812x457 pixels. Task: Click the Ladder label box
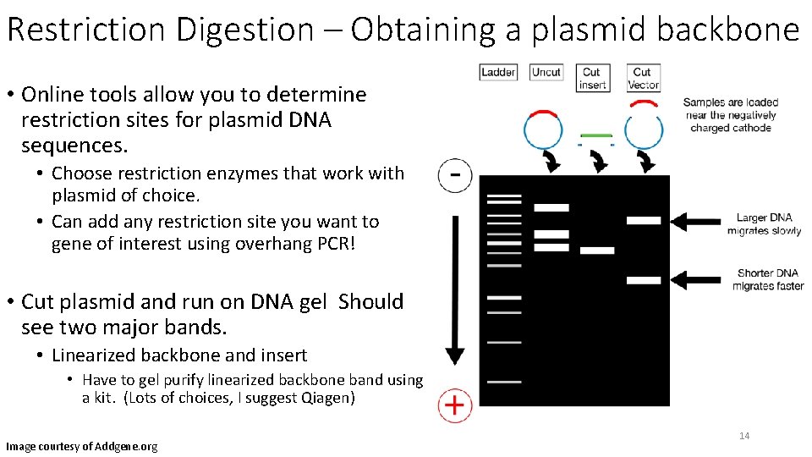pos(498,73)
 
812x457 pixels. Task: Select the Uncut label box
pos(546,73)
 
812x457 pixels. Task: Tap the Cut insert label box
pos(592,78)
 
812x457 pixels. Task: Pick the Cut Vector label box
pos(643,78)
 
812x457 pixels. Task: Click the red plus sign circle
pos(454,405)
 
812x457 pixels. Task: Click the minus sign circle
pos(455,176)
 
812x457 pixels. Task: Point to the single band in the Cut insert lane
pos(597,251)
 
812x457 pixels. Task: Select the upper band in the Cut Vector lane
pos(644,220)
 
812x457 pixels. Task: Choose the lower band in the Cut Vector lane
pos(644,279)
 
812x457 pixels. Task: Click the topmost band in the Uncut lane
pos(551,207)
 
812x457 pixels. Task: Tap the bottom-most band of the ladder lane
pos(504,382)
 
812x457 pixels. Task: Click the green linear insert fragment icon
pos(595,135)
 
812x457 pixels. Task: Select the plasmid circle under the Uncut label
pos(543,129)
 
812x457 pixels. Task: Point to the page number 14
pos(744,436)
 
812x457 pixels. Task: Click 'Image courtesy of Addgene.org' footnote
pos(81,446)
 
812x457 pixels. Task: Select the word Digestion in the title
pos(245,30)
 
